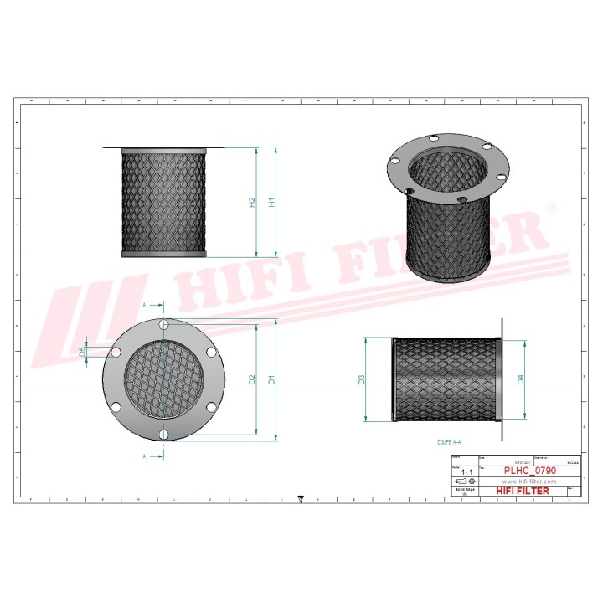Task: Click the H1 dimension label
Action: point(271,202)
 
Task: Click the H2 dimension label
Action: point(252,202)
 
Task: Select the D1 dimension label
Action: point(271,379)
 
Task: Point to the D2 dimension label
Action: point(252,379)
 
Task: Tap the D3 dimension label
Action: point(362,379)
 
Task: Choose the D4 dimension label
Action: point(520,379)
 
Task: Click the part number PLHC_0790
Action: point(529,472)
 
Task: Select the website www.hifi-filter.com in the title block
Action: point(529,482)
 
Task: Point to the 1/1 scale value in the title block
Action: point(466,472)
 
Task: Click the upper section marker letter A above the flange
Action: point(144,306)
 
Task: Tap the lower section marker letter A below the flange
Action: point(144,456)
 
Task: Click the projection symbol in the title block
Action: point(466,482)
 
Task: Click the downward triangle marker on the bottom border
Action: point(301,500)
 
